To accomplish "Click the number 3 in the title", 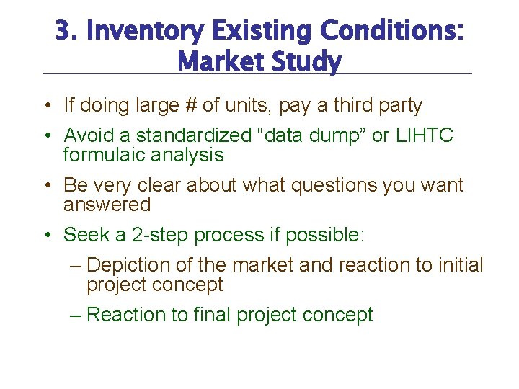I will pyautogui.click(x=63, y=31).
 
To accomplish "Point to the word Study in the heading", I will pyautogui.click(x=305, y=62).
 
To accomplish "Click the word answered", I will pyautogui.click(x=107, y=205).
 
